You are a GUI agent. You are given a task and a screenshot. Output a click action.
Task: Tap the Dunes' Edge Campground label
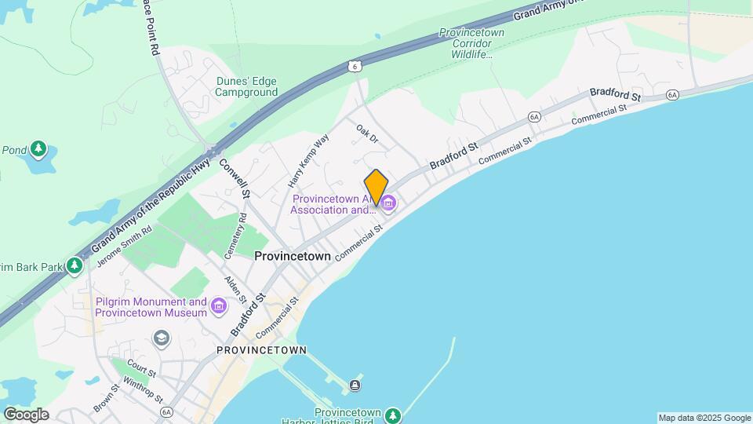pos(247,86)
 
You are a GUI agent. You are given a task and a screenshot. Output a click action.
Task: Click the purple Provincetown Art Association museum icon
pos(388,204)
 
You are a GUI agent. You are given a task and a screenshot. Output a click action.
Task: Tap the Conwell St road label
pos(235,178)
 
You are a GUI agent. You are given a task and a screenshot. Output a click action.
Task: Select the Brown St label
pos(106,397)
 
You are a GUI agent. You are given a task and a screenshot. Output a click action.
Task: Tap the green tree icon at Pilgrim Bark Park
pos(75,266)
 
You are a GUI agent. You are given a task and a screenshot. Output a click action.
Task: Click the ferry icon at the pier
pos(355,385)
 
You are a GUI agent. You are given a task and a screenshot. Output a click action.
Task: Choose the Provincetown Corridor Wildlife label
pos(466,44)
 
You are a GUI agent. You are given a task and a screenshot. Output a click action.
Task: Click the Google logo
pos(26,415)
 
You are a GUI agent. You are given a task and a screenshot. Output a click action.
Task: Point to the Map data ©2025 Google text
pos(704,418)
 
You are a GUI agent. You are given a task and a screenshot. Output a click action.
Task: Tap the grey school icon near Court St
pos(161,338)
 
